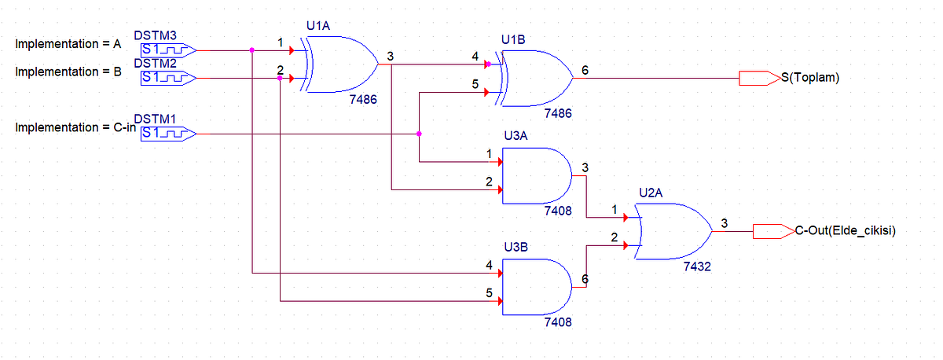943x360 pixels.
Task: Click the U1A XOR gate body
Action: point(341,64)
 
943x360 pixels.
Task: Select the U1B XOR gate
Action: point(535,79)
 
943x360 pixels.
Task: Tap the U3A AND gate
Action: point(537,175)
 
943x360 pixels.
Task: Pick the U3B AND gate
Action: point(537,287)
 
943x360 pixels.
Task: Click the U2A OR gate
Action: point(673,231)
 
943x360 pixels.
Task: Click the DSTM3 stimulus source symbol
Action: point(168,50)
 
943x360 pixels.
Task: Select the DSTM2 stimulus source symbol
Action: point(168,78)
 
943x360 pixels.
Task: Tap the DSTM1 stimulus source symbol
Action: point(168,134)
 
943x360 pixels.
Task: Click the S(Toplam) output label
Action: point(810,78)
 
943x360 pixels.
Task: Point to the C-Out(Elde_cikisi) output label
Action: point(846,231)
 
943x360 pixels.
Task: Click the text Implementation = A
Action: point(68,44)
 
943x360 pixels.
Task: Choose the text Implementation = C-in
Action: point(75,127)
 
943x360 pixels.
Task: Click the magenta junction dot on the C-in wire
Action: point(419,134)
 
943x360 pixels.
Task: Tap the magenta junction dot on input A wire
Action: point(251,50)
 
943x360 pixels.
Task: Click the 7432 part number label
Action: point(697,266)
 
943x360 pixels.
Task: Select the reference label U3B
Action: point(516,247)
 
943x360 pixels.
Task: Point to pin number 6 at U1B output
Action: point(585,70)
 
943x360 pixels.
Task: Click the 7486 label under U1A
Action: point(363,99)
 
